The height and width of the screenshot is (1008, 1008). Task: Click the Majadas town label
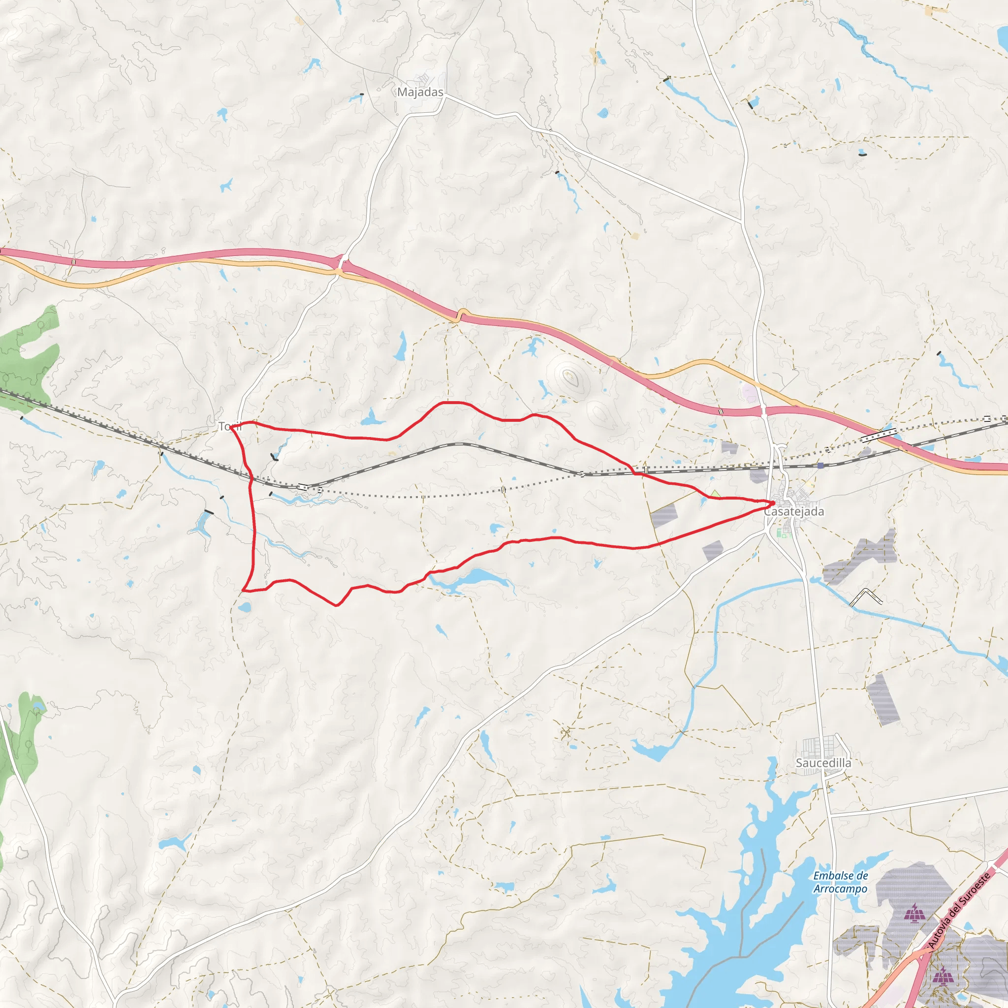click(x=420, y=93)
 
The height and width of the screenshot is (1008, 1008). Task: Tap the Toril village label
click(x=227, y=427)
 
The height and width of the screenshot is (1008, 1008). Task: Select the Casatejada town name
click(x=793, y=511)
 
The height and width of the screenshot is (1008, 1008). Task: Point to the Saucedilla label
click(x=823, y=763)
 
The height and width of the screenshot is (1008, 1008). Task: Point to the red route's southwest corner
click(x=243, y=591)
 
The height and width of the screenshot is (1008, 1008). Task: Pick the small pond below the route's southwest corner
click(x=244, y=607)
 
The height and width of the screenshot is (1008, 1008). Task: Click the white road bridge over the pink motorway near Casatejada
click(x=763, y=411)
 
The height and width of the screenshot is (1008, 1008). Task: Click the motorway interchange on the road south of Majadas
click(x=341, y=264)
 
